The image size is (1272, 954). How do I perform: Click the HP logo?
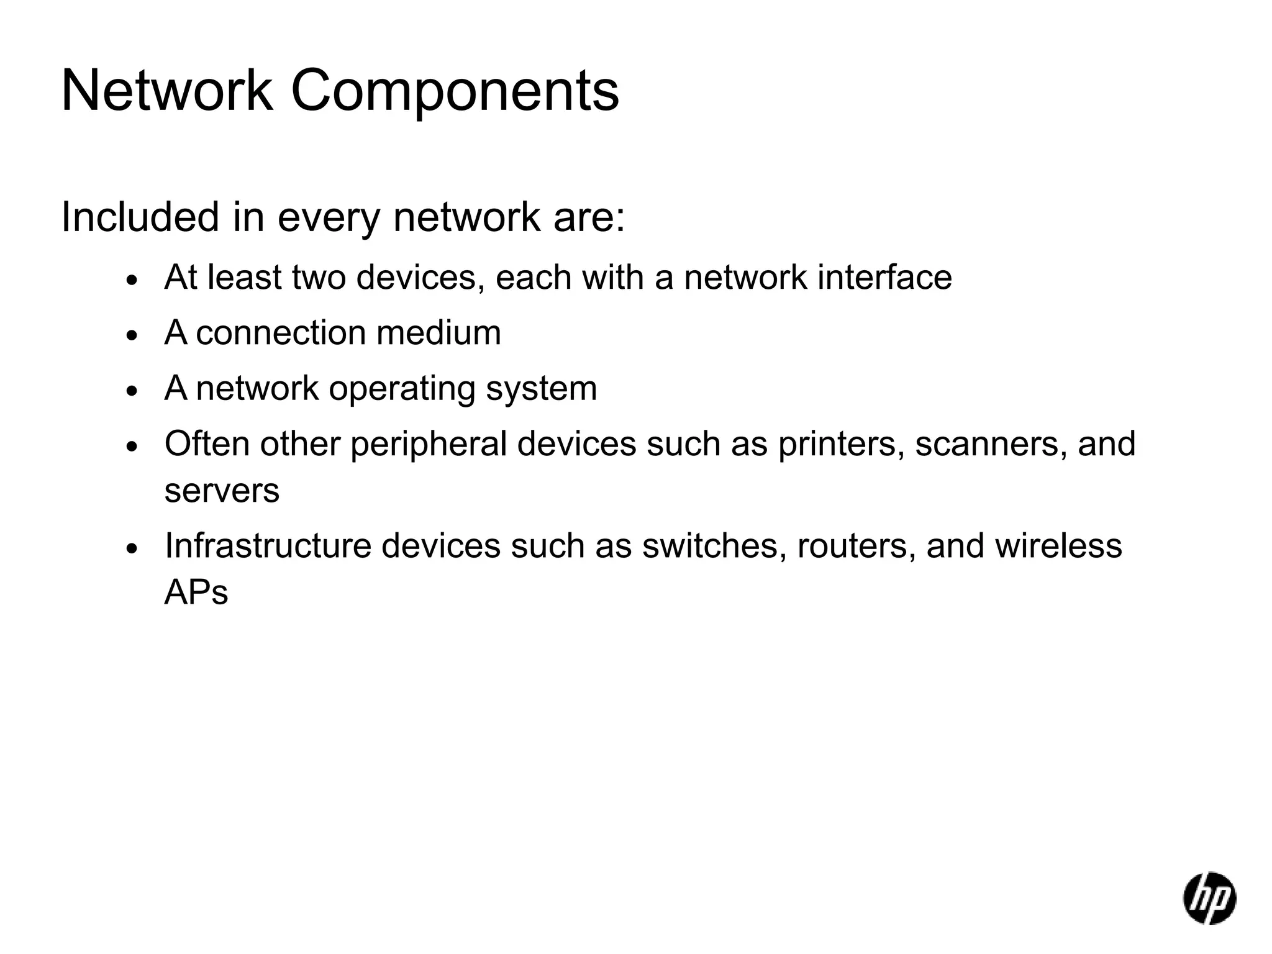(x=1209, y=897)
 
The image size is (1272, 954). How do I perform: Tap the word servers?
(x=222, y=491)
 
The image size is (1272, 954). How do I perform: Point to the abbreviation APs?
(x=196, y=593)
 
